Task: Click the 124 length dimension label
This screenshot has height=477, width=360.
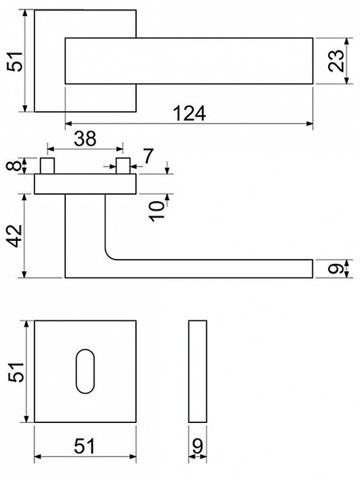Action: pyautogui.click(x=189, y=113)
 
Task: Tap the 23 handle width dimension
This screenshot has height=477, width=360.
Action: pyautogui.click(x=336, y=60)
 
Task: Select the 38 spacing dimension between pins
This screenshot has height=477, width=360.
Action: pyautogui.click(x=85, y=138)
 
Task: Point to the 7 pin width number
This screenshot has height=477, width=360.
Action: pyautogui.click(x=148, y=156)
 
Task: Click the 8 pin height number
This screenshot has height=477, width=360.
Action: pyautogui.click(x=14, y=166)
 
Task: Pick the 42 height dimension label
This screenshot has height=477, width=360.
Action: pyautogui.click(x=14, y=236)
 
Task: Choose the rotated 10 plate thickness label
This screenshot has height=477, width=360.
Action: pyautogui.click(x=157, y=211)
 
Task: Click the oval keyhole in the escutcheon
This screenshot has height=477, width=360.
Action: pyautogui.click(x=85, y=371)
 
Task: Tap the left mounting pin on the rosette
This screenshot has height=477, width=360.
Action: pyautogui.click(x=47, y=166)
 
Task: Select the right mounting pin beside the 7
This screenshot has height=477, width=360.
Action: pyautogui.click(x=123, y=166)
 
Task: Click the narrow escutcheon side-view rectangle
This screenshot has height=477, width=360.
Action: pyautogui.click(x=198, y=371)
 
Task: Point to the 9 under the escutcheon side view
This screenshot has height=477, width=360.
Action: pyautogui.click(x=198, y=446)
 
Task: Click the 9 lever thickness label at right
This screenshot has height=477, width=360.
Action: pyautogui.click(x=335, y=269)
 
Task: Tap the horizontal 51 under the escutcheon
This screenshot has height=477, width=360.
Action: pyautogui.click(x=84, y=446)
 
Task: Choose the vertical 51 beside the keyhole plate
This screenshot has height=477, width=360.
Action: pyautogui.click(x=16, y=372)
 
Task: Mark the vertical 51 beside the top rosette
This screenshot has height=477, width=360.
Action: pyautogui.click(x=15, y=62)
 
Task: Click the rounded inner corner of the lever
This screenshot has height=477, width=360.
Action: pyautogui.click(x=110, y=256)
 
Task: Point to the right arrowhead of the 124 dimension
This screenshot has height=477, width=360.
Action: pyautogui.click(x=309, y=123)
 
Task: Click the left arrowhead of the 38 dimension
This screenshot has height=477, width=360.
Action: pyautogui.click(x=51, y=149)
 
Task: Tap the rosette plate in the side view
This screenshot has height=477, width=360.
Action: pyautogui.click(x=85, y=184)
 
